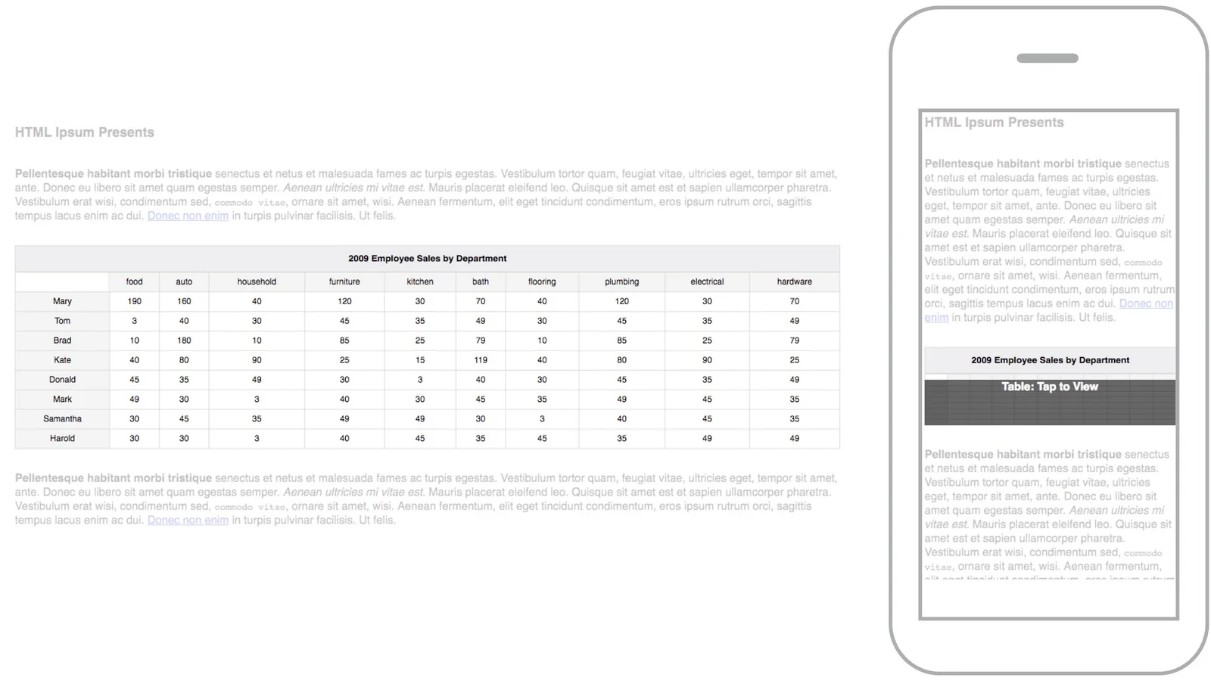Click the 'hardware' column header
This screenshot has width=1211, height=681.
pos(794,281)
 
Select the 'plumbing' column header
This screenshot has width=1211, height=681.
pos(621,281)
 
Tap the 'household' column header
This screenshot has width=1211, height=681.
pos(257,281)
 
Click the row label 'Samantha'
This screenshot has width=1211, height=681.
pos(62,418)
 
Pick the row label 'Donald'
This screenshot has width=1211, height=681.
pos(62,380)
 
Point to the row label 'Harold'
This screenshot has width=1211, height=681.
pos(62,438)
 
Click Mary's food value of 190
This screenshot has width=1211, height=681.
pos(134,301)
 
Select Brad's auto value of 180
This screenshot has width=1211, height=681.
pos(184,340)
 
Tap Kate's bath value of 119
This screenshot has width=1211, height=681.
pos(481,360)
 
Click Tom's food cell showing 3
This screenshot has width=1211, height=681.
pos(134,321)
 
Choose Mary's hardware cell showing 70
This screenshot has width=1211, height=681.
pos(794,301)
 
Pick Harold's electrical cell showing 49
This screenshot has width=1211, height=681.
pos(707,438)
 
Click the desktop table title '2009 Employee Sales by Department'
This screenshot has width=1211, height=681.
pos(427,259)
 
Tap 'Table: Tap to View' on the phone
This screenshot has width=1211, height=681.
pos(1049,387)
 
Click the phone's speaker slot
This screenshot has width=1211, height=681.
pos(1047,58)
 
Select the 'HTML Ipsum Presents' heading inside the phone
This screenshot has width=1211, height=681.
pos(994,123)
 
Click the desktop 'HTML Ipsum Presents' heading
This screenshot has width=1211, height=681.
pos(85,132)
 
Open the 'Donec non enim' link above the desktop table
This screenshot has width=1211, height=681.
pos(188,216)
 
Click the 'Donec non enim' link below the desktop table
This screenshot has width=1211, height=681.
pos(188,520)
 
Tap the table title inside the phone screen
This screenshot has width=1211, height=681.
pos(1050,360)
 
